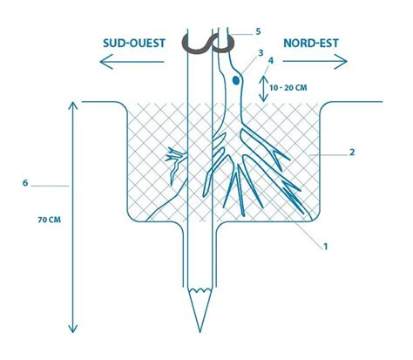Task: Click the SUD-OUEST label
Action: click(134, 44)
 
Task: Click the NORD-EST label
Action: click(311, 44)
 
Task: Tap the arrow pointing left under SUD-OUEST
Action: click(132, 62)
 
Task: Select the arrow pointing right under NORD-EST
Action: click(315, 61)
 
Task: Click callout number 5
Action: click(258, 31)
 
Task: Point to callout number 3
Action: click(261, 53)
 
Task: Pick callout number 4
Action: click(271, 60)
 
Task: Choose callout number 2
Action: click(352, 152)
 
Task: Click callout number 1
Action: click(326, 247)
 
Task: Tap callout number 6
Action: click(25, 183)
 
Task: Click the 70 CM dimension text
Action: click(50, 220)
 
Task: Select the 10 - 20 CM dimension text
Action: click(288, 87)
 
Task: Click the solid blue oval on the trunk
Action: click(236, 80)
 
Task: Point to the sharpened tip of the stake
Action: click(200, 331)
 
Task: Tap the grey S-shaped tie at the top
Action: click(206, 44)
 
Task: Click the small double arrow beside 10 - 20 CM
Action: click(263, 89)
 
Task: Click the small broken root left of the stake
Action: click(176, 164)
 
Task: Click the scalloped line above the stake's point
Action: click(200, 290)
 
